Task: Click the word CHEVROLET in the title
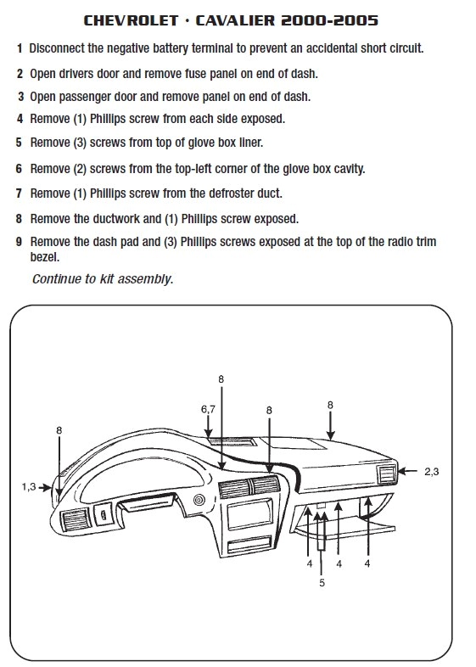[x=131, y=20]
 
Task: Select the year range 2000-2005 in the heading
[x=330, y=20]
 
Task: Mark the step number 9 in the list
[x=19, y=242]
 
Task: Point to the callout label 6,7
[x=208, y=409]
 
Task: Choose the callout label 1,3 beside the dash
[x=29, y=486]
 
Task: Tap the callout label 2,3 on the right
[x=431, y=471]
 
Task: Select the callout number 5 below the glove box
[x=322, y=583]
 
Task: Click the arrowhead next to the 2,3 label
[x=401, y=471]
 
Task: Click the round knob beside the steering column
[x=199, y=500]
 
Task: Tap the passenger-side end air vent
[x=386, y=474]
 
